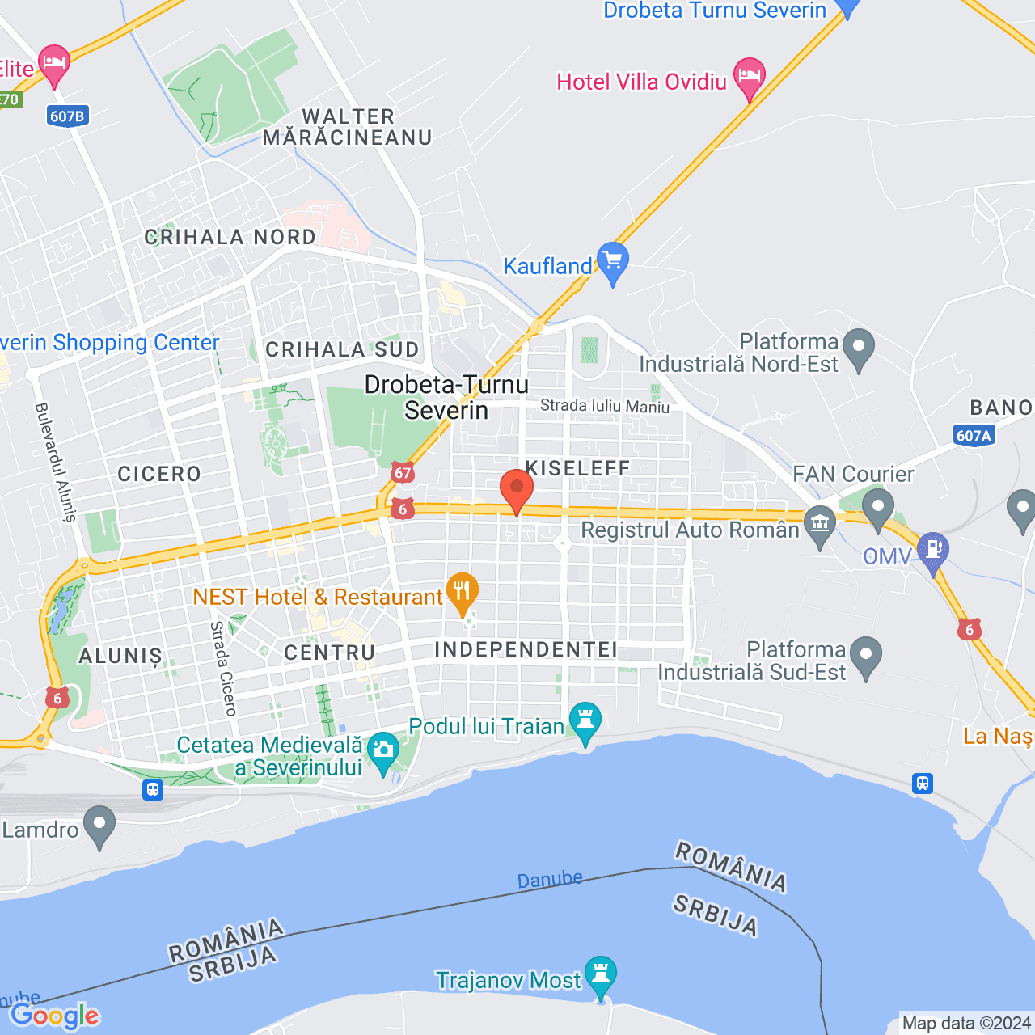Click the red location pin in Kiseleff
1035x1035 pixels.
click(516, 488)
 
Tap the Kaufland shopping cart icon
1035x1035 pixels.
click(613, 260)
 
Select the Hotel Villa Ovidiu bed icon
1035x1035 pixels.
click(750, 76)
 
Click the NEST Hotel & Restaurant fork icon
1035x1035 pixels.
click(462, 591)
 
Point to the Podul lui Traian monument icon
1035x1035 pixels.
click(585, 720)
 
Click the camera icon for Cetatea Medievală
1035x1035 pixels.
click(383, 750)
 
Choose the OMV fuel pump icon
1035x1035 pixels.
click(933, 548)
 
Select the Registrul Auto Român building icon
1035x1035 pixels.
click(820, 523)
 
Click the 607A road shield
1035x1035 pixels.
click(974, 436)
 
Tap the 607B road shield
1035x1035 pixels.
click(66, 116)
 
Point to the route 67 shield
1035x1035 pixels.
click(403, 473)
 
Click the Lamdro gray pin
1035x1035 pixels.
click(99, 824)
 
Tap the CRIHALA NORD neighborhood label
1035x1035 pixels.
click(230, 237)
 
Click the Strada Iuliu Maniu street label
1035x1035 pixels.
click(605, 406)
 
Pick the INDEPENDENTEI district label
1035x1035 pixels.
click(526, 649)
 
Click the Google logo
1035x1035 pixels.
click(55, 1016)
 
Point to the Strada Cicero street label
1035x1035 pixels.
click(222, 669)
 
